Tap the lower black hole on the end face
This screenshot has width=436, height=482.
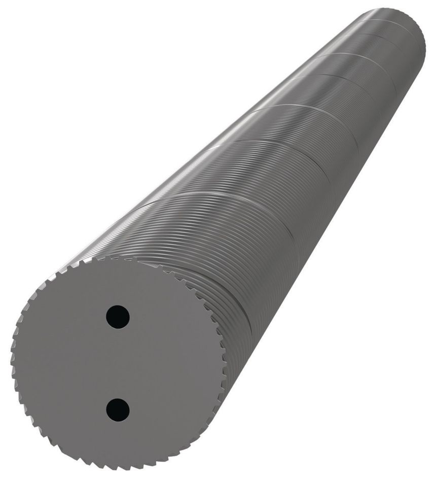click(x=118, y=409)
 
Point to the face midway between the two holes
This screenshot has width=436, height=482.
click(x=118, y=363)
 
